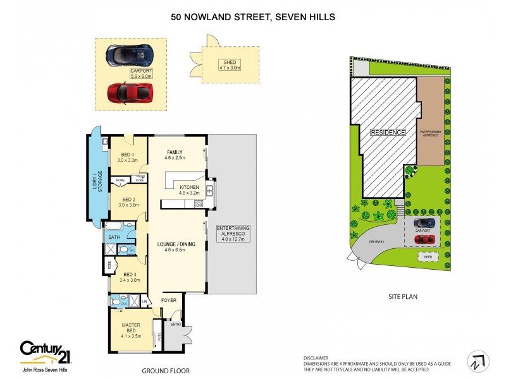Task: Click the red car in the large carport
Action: click(x=130, y=92)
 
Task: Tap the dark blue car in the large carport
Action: click(x=130, y=56)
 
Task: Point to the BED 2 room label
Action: click(x=128, y=201)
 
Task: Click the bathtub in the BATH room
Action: click(x=117, y=226)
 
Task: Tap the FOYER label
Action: click(x=169, y=300)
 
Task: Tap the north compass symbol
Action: click(x=478, y=361)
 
